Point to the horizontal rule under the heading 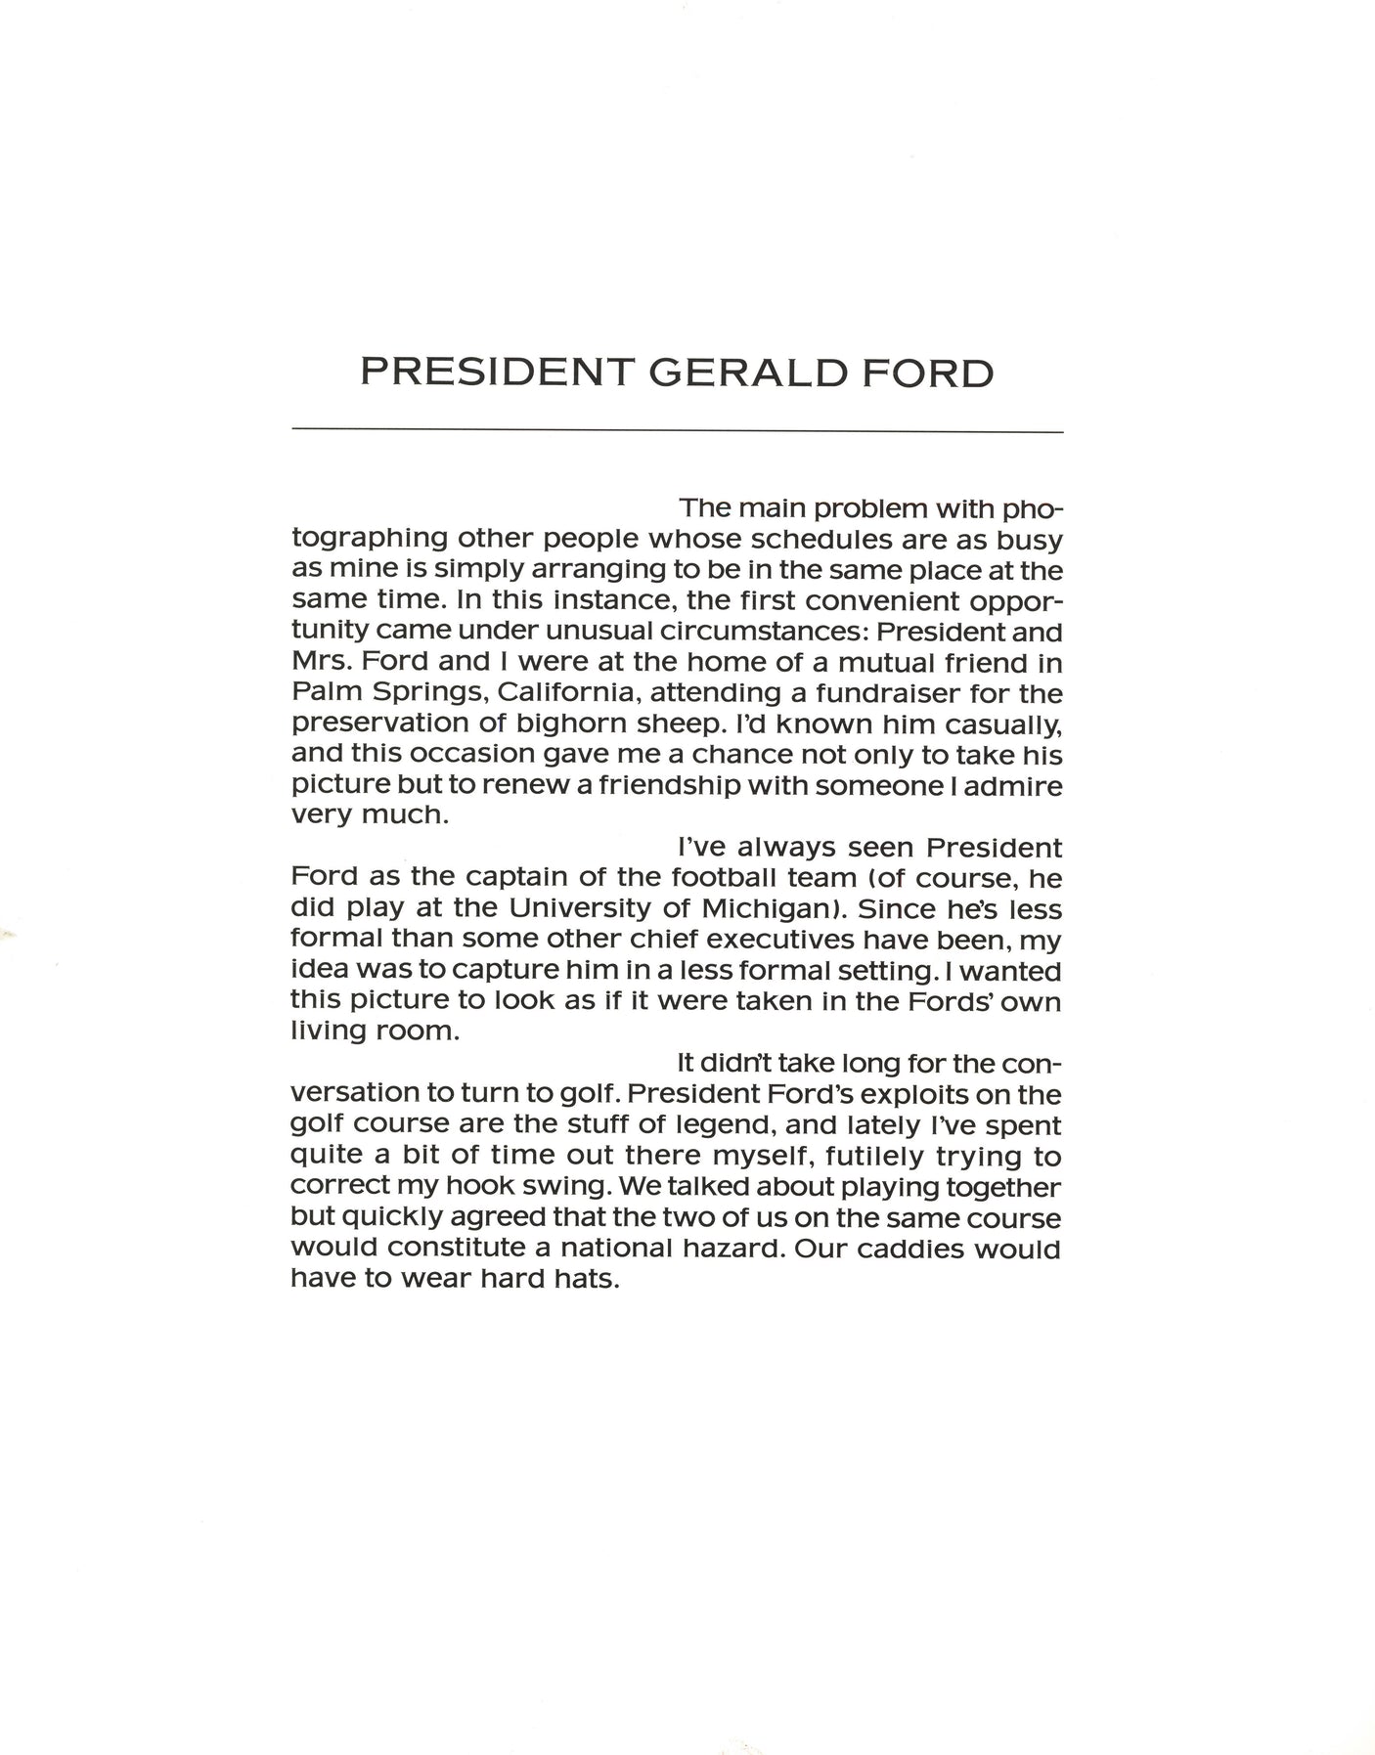677,430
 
